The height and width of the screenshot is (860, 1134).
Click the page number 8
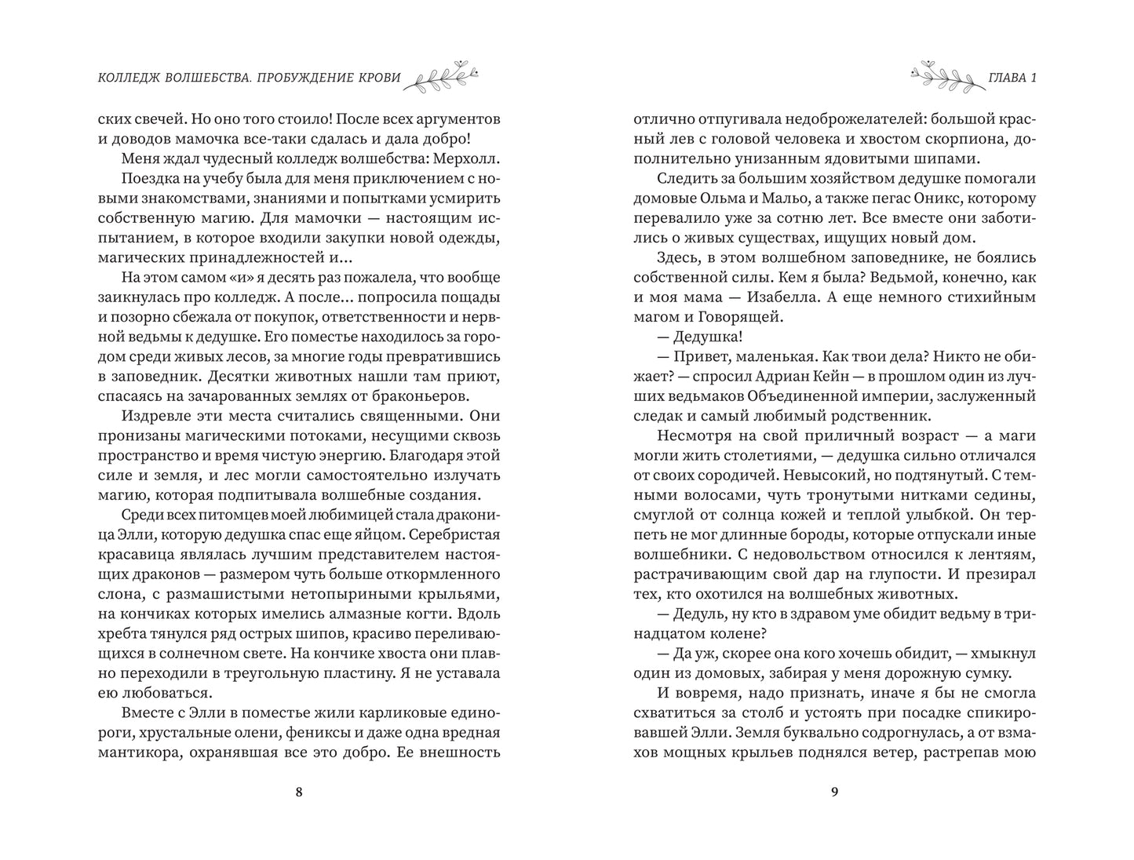[x=298, y=792]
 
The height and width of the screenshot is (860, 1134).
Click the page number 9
[x=835, y=792]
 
